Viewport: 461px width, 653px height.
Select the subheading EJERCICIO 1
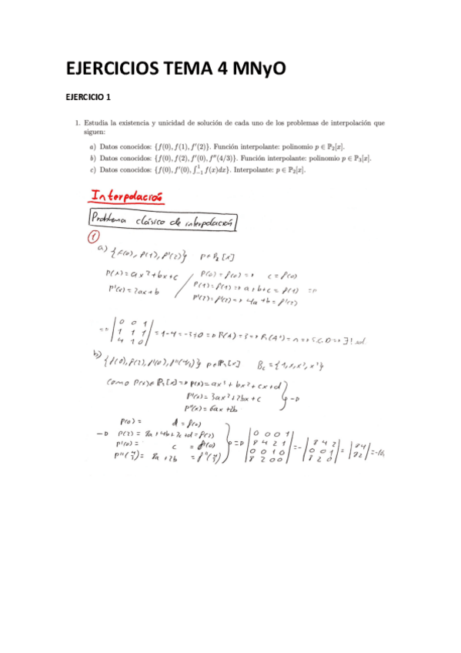[89, 98]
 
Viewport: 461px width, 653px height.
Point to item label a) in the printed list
[93, 146]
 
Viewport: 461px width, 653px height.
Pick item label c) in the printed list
[93, 169]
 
